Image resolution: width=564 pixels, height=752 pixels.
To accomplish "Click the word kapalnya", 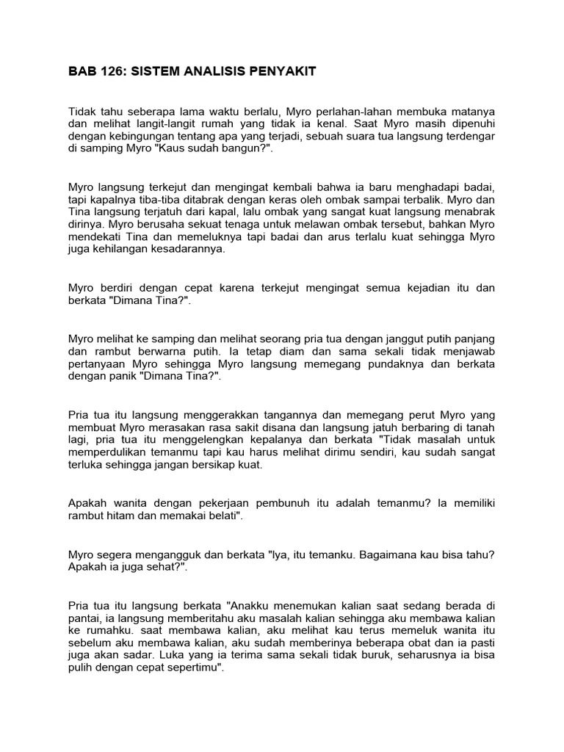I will click(112, 198).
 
